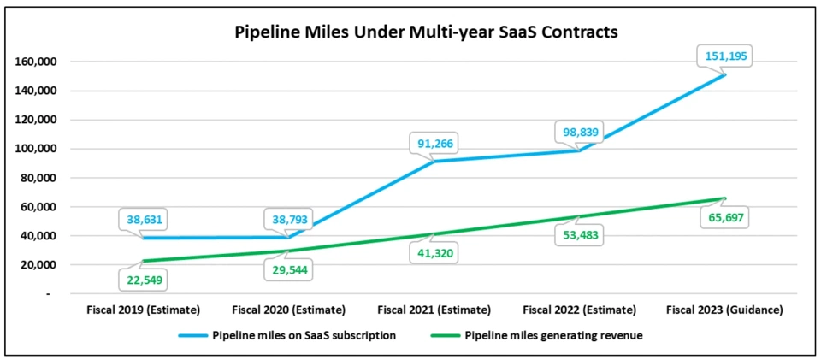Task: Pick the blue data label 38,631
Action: (144, 218)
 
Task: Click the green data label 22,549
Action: (144, 280)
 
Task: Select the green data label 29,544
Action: (290, 271)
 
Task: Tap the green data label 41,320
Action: (435, 255)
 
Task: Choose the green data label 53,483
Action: (581, 237)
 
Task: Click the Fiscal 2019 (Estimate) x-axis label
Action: (144, 310)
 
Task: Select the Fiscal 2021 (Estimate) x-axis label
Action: (435, 310)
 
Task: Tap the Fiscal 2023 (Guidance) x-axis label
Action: (726, 310)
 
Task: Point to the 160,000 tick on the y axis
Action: (35, 62)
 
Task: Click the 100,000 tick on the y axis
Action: (35, 149)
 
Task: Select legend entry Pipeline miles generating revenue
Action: (552, 335)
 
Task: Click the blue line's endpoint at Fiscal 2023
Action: (726, 74)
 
